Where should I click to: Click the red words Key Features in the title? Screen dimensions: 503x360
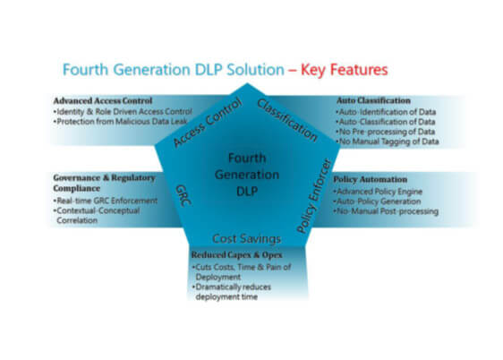coord(345,70)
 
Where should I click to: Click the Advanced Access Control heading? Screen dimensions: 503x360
coord(103,101)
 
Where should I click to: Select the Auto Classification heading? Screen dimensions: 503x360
coord(373,100)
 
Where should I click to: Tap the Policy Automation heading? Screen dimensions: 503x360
coord(371,179)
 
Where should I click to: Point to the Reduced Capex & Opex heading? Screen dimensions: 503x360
coord(237,255)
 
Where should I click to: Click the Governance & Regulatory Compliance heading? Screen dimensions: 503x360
coord(104,183)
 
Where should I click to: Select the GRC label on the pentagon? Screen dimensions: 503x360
coord(183,195)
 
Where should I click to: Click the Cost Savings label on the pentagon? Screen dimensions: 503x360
coord(246,239)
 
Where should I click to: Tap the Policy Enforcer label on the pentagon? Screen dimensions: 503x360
coord(313,196)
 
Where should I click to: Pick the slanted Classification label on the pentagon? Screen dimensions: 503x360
coord(287,120)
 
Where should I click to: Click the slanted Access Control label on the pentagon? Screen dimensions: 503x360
coord(208,123)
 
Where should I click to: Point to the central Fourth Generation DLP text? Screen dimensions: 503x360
coord(247,175)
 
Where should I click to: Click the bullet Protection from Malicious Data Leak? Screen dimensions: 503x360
coord(120,122)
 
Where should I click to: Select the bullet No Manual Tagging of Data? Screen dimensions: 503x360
coord(388,141)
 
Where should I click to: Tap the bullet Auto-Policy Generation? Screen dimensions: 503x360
coord(378,201)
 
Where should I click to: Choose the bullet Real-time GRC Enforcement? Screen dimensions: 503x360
coord(106,201)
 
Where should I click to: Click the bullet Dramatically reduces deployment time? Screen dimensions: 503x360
coord(232,292)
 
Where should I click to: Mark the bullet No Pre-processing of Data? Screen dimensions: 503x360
coord(385,132)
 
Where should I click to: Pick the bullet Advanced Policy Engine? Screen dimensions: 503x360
coord(378,192)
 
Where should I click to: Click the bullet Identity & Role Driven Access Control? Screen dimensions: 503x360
coord(123,112)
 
